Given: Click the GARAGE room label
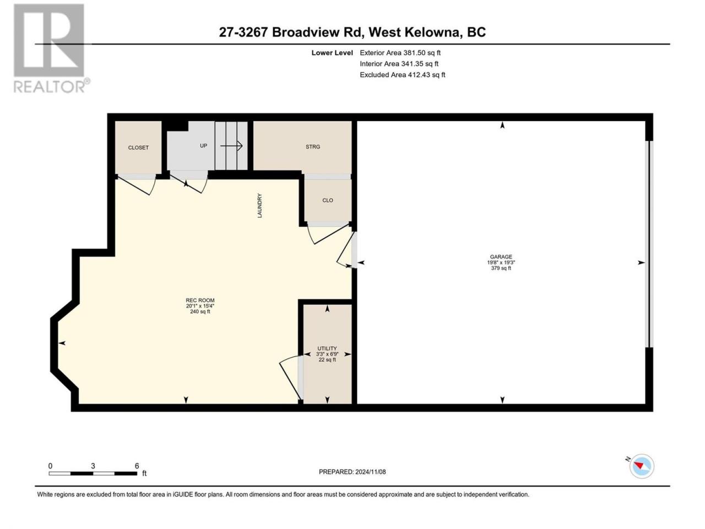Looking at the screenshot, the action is point(501,257).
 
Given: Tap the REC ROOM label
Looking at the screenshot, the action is point(200,300).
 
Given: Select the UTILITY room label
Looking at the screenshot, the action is point(327,348).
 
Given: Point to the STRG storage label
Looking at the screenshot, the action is point(312,147).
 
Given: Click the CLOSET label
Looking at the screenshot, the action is point(138,148).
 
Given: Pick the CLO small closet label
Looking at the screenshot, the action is point(328,201).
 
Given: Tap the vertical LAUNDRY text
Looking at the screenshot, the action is point(259,206).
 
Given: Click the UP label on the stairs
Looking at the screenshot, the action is point(203,146).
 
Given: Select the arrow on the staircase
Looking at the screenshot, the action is point(231,146).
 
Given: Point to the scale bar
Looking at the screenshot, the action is point(93,473).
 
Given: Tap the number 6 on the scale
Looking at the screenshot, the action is point(137,466).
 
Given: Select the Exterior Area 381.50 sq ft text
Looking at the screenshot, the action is point(400,53).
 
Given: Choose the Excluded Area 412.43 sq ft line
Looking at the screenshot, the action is point(403,75).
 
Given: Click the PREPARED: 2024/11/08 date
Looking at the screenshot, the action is point(352,472).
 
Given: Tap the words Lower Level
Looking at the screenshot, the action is point(332,53).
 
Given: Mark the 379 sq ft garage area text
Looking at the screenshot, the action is point(501,268).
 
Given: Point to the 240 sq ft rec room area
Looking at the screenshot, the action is point(200,311).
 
